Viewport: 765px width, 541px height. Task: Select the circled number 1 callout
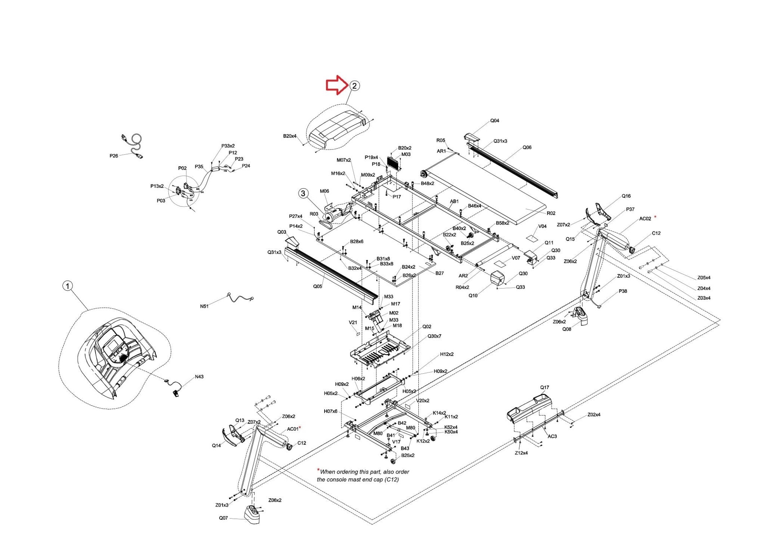click(x=67, y=286)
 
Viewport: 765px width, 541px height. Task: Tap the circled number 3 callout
click(x=303, y=193)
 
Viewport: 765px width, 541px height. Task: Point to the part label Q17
click(x=545, y=387)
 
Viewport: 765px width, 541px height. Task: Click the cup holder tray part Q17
click(x=528, y=408)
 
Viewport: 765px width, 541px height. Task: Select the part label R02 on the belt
click(x=551, y=213)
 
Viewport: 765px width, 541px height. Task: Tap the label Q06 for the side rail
click(x=527, y=148)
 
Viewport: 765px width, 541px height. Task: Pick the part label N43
click(x=199, y=377)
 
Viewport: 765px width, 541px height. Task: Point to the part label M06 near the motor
click(x=324, y=191)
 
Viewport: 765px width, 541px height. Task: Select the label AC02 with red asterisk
click(x=645, y=219)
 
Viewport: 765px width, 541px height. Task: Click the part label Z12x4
click(x=521, y=453)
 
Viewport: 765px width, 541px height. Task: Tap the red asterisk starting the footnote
click(x=318, y=470)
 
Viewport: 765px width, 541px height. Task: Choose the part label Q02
click(x=427, y=327)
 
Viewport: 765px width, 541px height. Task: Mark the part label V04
click(x=542, y=226)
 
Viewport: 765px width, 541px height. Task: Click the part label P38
click(x=623, y=291)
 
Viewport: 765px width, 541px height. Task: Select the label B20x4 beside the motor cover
click(x=289, y=136)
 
